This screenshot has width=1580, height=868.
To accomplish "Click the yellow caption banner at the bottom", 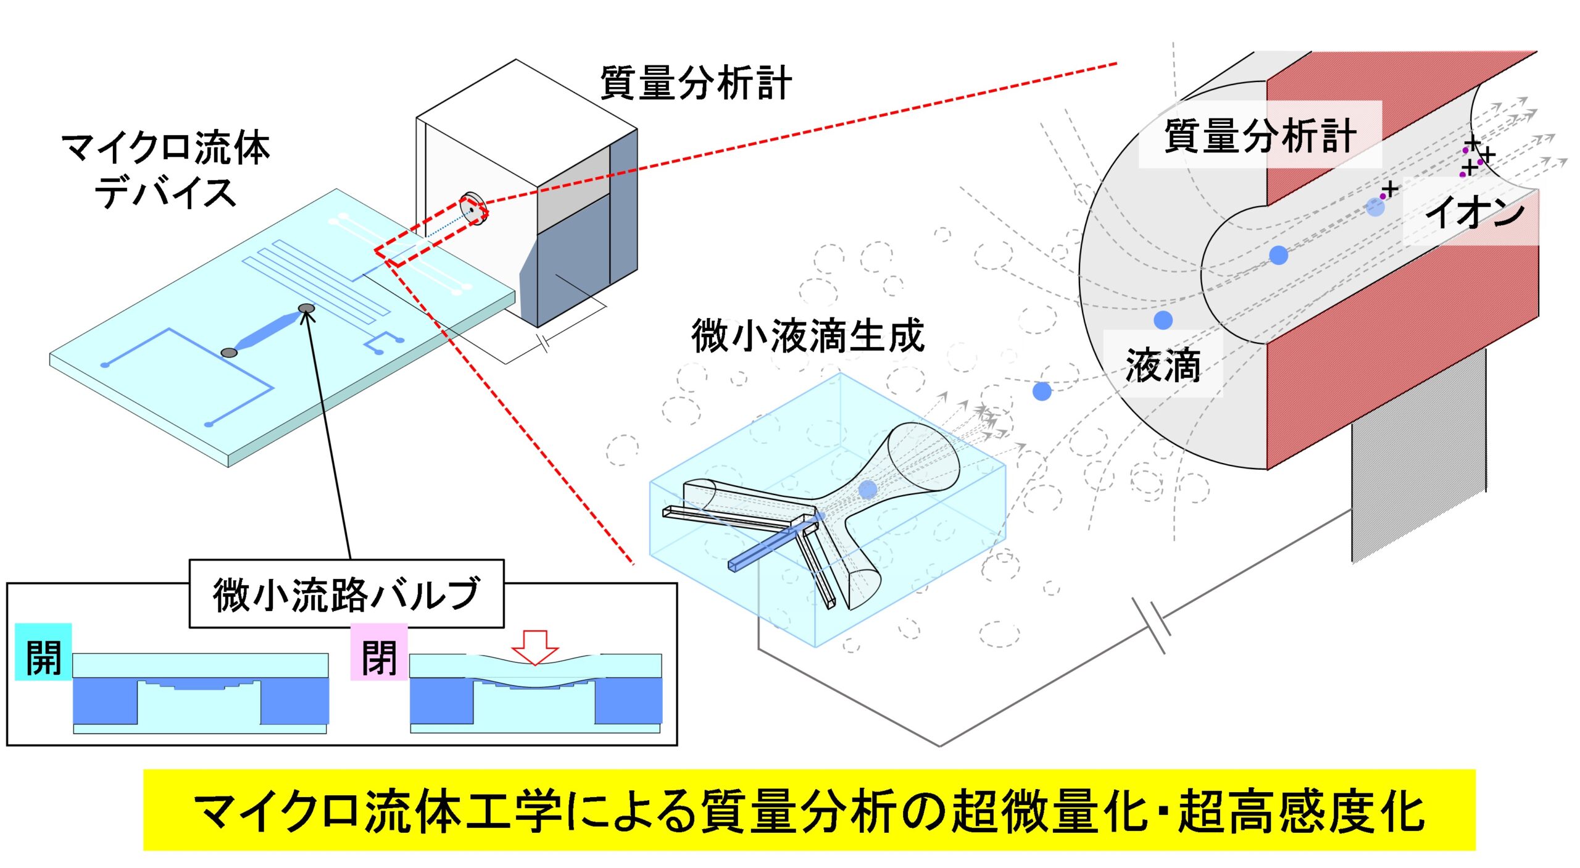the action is (809, 809).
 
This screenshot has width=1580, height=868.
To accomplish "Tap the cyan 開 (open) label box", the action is (43, 652).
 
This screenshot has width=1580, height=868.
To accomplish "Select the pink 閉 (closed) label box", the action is (379, 652).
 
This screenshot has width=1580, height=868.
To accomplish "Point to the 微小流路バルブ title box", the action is (346, 593).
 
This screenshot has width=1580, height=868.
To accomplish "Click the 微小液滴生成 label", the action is (808, 335).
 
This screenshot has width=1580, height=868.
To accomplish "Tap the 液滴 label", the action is (1163, 365).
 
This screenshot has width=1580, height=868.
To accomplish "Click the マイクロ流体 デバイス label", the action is (165, 170).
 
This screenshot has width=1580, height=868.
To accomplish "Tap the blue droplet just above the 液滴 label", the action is (1163, 320).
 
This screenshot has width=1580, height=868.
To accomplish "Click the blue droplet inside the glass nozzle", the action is (868, 490).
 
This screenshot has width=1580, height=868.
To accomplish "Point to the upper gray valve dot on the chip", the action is (306, 309).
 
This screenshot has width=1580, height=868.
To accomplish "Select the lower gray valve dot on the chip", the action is (229, 353).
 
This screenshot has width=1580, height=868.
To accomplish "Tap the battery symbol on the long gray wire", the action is (1151, 625).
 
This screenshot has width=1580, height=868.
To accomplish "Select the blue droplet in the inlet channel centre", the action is (1278, 255).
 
